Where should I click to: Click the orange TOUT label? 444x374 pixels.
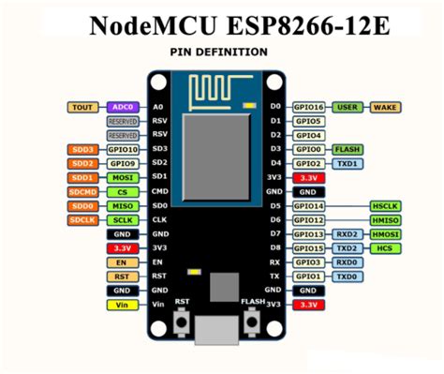click(81, 108)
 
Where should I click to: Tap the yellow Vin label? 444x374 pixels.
click(122, 305)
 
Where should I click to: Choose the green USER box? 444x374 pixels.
click(348, 108)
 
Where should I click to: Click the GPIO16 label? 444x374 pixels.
click(308, 108)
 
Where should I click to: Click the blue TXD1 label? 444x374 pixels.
click(348, 163)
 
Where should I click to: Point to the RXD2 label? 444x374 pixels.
click(348, 233)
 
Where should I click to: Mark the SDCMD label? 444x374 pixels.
click(81, 191)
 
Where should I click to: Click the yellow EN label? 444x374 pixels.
click(122, 262)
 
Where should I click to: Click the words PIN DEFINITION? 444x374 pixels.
click(219, 52)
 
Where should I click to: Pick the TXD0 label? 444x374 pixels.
click(348, 277)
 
